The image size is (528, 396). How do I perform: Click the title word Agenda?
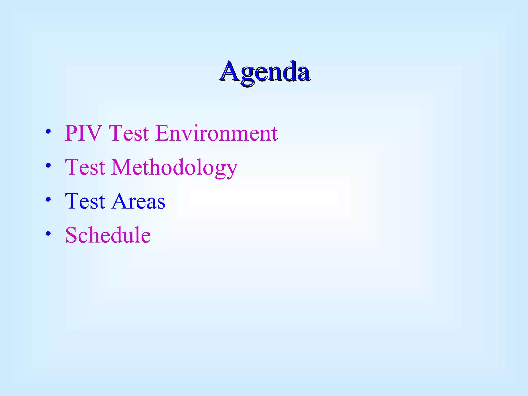click(x=265, y=71)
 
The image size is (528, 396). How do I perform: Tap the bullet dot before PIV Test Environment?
click(x=48, y=131)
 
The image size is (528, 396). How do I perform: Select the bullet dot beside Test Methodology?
click(x=48, y=166)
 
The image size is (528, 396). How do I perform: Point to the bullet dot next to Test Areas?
click(x=48, y=200)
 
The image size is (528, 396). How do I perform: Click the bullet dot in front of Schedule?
click(x=48, y=234)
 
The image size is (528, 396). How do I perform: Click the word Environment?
click(x=217, y=133)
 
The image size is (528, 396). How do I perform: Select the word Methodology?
click(x=175, y=168)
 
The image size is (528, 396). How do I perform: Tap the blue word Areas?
click(x=138, y=201)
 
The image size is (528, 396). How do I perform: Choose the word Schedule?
click(x=108, y=235)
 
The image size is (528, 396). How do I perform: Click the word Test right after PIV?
click(x=129, y=133)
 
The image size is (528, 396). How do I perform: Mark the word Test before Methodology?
click(x=85, y=167)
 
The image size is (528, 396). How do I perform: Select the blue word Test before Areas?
click(x=85, y=201)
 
